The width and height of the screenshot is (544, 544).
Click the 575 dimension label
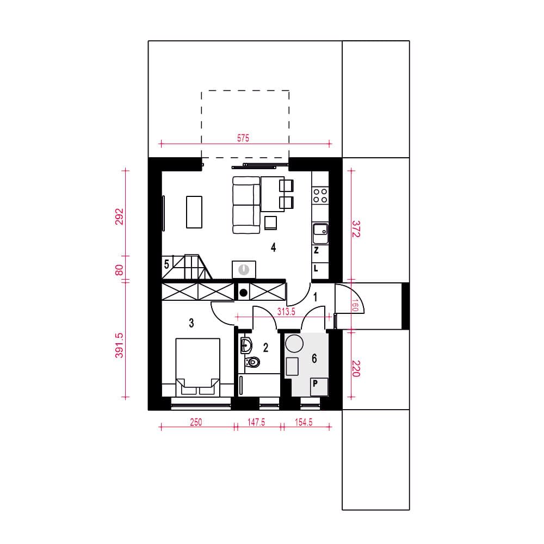[x=243, y=138]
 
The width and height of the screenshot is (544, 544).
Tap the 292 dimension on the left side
[x=119, y=217]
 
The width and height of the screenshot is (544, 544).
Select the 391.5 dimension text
[x=119, y=345]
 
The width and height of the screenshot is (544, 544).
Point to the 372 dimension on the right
[x=356, y=229]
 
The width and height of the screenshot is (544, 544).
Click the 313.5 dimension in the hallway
[x=286, y=312]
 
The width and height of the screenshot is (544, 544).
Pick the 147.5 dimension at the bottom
[x=256, y=422]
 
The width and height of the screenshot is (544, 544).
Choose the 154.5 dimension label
[x=304, y=422]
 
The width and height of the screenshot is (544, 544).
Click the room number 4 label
[x=274, y=248]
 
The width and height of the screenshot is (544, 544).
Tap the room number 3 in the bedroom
[x=191, y=323]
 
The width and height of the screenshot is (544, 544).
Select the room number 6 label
[x=314, y=358]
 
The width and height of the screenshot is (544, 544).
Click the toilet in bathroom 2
[x=252, y=362]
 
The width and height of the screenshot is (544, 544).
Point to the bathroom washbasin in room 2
[x=246, y=345]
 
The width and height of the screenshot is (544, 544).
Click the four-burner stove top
[x=320, y=195]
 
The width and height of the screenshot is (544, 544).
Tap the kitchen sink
[x=320, y=233]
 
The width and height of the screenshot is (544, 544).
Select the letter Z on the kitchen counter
[x=316, y=250]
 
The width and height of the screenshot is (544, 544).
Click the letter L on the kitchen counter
[x=316, y=268]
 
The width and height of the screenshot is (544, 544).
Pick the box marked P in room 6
[x=319, y=387]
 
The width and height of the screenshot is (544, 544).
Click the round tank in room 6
[x=294, y=343]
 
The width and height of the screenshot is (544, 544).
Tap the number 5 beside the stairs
[x=166, y=264]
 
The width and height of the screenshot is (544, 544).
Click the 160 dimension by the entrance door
[x=355, y=305]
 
